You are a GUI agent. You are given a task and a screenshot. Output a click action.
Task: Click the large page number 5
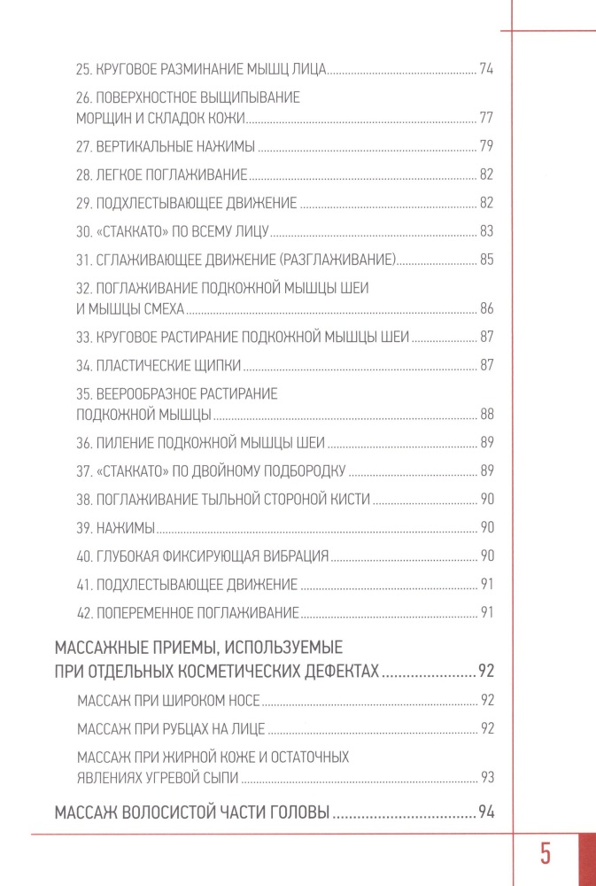coord(546,855)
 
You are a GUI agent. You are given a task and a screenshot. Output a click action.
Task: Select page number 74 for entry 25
coord(485,68)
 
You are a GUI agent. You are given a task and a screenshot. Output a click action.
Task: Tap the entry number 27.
coord(84,146)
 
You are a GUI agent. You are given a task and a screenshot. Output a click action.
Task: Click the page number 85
coord(485,260)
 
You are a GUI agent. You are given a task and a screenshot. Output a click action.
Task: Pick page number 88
coord(485,414)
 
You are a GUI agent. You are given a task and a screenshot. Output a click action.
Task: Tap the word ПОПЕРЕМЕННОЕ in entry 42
coord(155,612)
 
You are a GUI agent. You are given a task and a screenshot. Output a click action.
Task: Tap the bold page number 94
coord(484,812)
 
